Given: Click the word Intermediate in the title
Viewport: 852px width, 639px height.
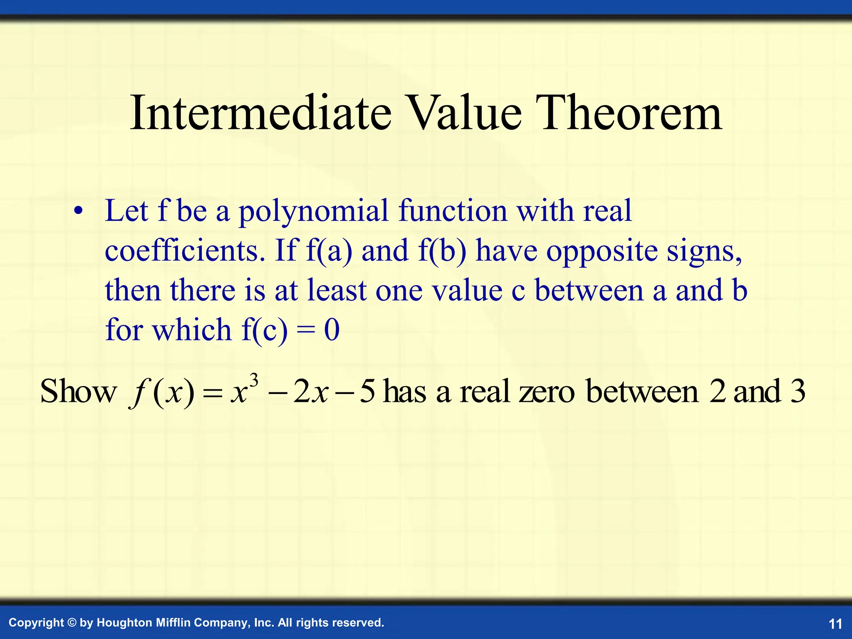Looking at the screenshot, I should (260, 113).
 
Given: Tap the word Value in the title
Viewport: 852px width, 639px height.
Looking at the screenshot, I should (464, 113).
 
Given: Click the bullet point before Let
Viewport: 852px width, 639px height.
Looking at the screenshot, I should (78, 212).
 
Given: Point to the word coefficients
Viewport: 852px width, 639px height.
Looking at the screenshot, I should (185, 251).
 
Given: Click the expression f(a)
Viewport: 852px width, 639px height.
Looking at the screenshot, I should (329, 251).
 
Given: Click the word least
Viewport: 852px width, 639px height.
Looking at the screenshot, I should (337, 290).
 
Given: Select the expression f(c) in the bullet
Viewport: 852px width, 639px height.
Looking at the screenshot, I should (265, 330).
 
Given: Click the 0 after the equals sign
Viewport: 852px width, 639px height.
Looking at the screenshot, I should (332, 330).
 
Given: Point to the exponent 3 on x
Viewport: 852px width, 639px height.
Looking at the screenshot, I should (254, 380).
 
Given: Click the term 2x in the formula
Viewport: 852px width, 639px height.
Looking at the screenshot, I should (311, 392).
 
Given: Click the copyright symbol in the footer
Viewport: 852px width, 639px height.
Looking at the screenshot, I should (72, 623).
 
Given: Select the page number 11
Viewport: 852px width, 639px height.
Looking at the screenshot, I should (835, 624).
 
